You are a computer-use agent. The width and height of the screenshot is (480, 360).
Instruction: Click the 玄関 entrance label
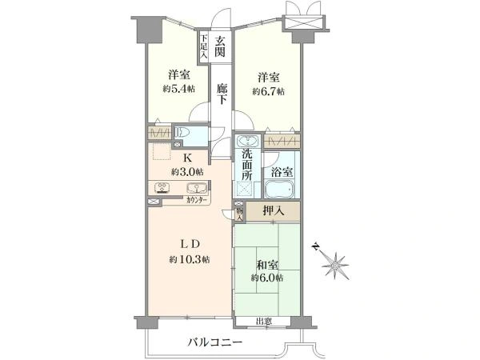click(219, 46)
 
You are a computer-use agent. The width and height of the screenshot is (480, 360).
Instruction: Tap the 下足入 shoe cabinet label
click(203, 46)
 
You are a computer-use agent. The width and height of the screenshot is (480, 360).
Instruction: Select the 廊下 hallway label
click(221, 94)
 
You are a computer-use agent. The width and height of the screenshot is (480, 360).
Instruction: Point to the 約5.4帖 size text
click(178, 89)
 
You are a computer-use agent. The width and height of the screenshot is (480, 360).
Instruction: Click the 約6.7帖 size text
click(268, 91)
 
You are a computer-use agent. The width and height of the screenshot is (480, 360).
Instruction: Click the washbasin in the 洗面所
click(248, 141)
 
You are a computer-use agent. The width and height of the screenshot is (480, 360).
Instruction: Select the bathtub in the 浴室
click(279, 189)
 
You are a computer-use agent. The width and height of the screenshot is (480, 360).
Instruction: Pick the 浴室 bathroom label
click(282, 172)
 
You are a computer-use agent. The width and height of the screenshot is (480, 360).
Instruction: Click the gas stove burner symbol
click(162, 188)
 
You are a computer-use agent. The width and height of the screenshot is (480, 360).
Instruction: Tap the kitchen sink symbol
click(195, 187)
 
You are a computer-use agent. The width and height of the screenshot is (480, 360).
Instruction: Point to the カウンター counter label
click(196, 200)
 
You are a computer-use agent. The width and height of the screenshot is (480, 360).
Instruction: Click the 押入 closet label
click(274, 210)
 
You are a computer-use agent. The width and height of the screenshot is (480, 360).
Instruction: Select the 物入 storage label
click(240, 214)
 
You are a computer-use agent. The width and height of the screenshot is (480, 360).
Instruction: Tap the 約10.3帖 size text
click(190, 260)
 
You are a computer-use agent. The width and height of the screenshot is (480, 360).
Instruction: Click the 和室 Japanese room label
click(267, 265)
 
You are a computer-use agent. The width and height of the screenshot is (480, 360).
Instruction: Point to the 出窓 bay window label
click(264, 322)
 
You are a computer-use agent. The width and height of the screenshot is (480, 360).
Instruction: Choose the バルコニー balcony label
click(215, 342)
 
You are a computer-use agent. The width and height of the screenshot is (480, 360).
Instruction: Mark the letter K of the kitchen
click(187, 158)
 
